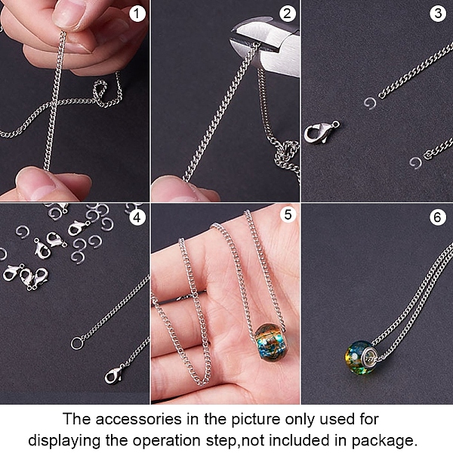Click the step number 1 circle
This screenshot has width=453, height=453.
click(x=137, y=14)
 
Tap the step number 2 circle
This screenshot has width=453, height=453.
click(x=287, y=14)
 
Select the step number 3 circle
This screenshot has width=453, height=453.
click(x=438, y=14)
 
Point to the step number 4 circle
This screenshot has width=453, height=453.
click(x=137, y=217)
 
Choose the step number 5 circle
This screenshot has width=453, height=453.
click(x=288, y=214)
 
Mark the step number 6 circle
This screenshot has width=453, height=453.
click(x=438, y=217)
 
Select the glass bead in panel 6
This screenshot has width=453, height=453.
click(x=359, y=357)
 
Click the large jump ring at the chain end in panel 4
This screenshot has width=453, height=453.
click(x=77, y=344)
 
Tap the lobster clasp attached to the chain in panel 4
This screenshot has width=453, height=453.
click(x=114, y=374)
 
